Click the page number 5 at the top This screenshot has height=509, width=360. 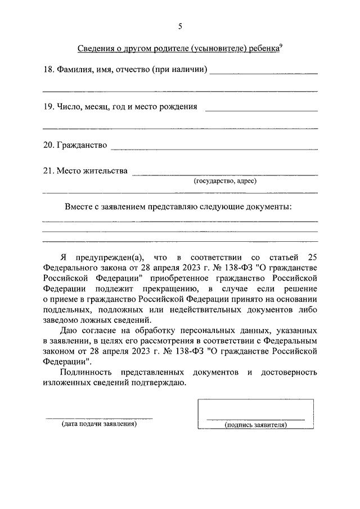(x=180, y=26)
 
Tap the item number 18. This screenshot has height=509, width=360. (x=48, y=70)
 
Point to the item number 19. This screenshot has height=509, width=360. (x=48, y=106)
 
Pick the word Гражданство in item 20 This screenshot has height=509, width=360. (x=82, y=145)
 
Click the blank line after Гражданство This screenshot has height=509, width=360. (x=214, y=149)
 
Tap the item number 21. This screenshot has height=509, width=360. (x=48, y=171)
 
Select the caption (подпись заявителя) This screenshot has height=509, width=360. (x=256, y=425)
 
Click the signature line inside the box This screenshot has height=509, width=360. (x=256, y=420)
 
